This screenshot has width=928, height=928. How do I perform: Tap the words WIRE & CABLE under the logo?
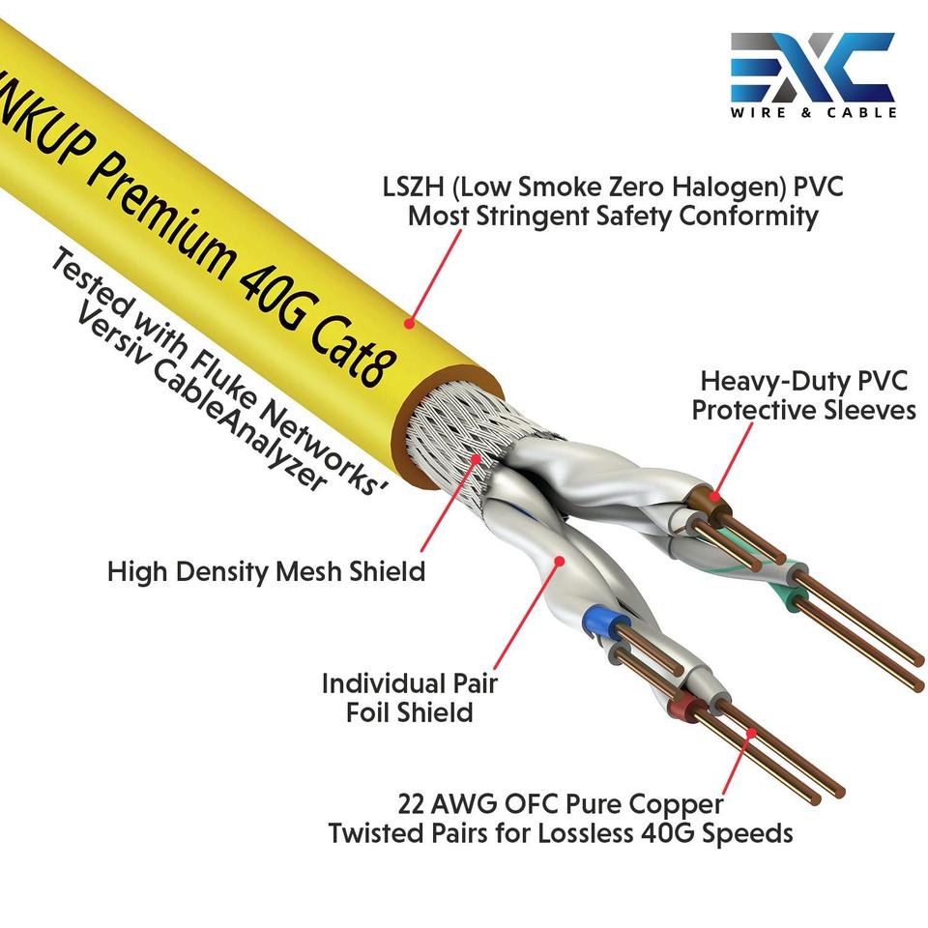tap(813, 112)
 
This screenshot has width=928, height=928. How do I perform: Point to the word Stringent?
tap(546, 216)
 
